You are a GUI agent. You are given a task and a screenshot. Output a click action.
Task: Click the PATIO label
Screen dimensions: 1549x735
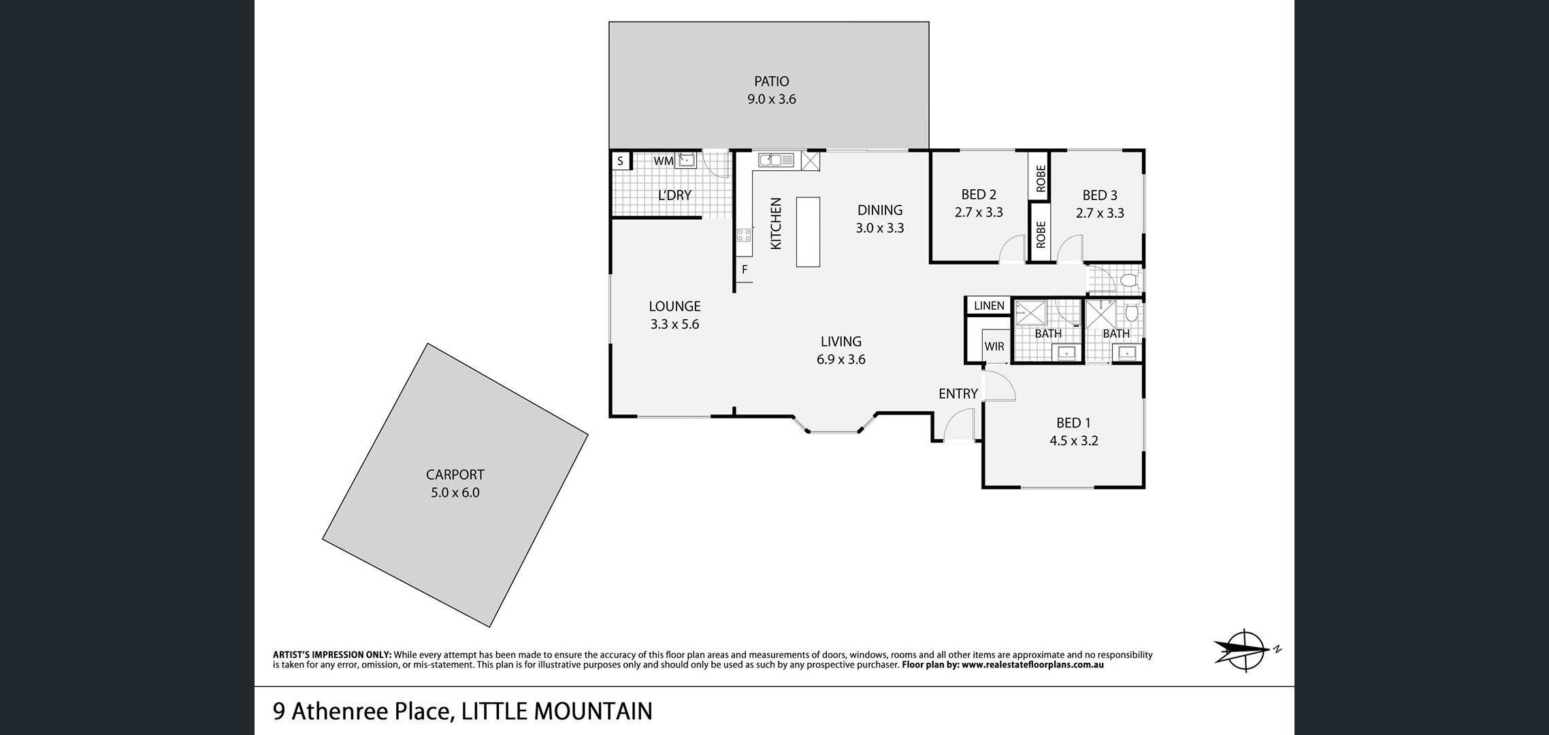(x=771, y=82)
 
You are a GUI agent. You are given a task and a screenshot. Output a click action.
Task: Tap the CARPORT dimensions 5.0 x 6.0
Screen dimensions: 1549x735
(x=455, y=493)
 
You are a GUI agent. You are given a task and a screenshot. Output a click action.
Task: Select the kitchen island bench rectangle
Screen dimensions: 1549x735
(x=808, y=232)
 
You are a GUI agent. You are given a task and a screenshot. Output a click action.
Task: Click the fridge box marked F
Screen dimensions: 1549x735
(x=745, y=270)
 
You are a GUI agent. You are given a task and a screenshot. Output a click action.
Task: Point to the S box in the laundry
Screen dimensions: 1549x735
(x=621, y=161)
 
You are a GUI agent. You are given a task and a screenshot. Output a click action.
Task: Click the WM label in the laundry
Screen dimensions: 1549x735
(x=663, y=161)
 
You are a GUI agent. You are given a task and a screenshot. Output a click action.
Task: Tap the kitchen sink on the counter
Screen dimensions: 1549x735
(x=777, y=161)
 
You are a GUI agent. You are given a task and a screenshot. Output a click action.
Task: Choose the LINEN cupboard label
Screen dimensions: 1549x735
(x=989, y=306)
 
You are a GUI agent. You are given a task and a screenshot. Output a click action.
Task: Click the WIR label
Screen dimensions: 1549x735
(x=994, y=346)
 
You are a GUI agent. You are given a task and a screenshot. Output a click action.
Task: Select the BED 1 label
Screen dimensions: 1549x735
(x=1073, y=423)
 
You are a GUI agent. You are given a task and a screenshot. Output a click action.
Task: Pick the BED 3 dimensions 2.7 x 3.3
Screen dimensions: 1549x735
(x=1100, y=213)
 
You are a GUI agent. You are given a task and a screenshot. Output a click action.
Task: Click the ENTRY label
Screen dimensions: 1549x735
(x=958, y=393)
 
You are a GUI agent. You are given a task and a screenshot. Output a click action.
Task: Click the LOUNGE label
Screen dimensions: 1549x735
(x=674, y=306)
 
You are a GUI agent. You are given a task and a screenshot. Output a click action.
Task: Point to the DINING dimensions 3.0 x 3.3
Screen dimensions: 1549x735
(x=880, y=228)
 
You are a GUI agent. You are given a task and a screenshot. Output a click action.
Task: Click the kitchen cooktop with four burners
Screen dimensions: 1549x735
(x=744, y=235)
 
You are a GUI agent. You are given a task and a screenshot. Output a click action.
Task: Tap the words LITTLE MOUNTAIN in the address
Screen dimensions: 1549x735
(x=557, y=711)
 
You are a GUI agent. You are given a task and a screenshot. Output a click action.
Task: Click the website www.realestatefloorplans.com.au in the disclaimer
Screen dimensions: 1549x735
(x=1033, y=665)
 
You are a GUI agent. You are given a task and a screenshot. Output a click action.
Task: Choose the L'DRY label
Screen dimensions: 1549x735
(x=674, y=195)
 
